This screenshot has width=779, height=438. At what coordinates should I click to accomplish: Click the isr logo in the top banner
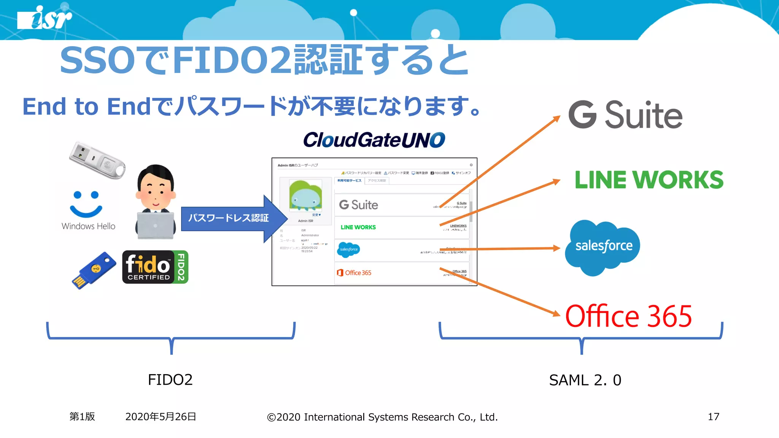point(45,18)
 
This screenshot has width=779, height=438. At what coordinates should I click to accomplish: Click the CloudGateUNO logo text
point(374,140)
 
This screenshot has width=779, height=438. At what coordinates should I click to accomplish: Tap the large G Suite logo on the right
point(625,115)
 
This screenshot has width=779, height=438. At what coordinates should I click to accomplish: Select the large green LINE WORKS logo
point(649,180)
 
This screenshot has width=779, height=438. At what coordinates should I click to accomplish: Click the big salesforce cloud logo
point(603,246)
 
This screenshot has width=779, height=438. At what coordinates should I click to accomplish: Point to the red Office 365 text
point(628,316)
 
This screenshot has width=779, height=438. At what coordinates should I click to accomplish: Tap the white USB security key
point(97,160)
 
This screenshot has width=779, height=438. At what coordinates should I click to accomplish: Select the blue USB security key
point(94,270)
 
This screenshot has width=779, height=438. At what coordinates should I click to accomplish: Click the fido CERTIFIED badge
point(155,267)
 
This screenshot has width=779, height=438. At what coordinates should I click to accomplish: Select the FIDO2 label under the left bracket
point(170,380)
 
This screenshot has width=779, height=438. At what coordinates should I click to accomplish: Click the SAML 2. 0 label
point(585,380)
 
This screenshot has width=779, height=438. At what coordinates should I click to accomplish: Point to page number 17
point(713,417)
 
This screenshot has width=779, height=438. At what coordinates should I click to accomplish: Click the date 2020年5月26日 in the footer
point(161,417)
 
